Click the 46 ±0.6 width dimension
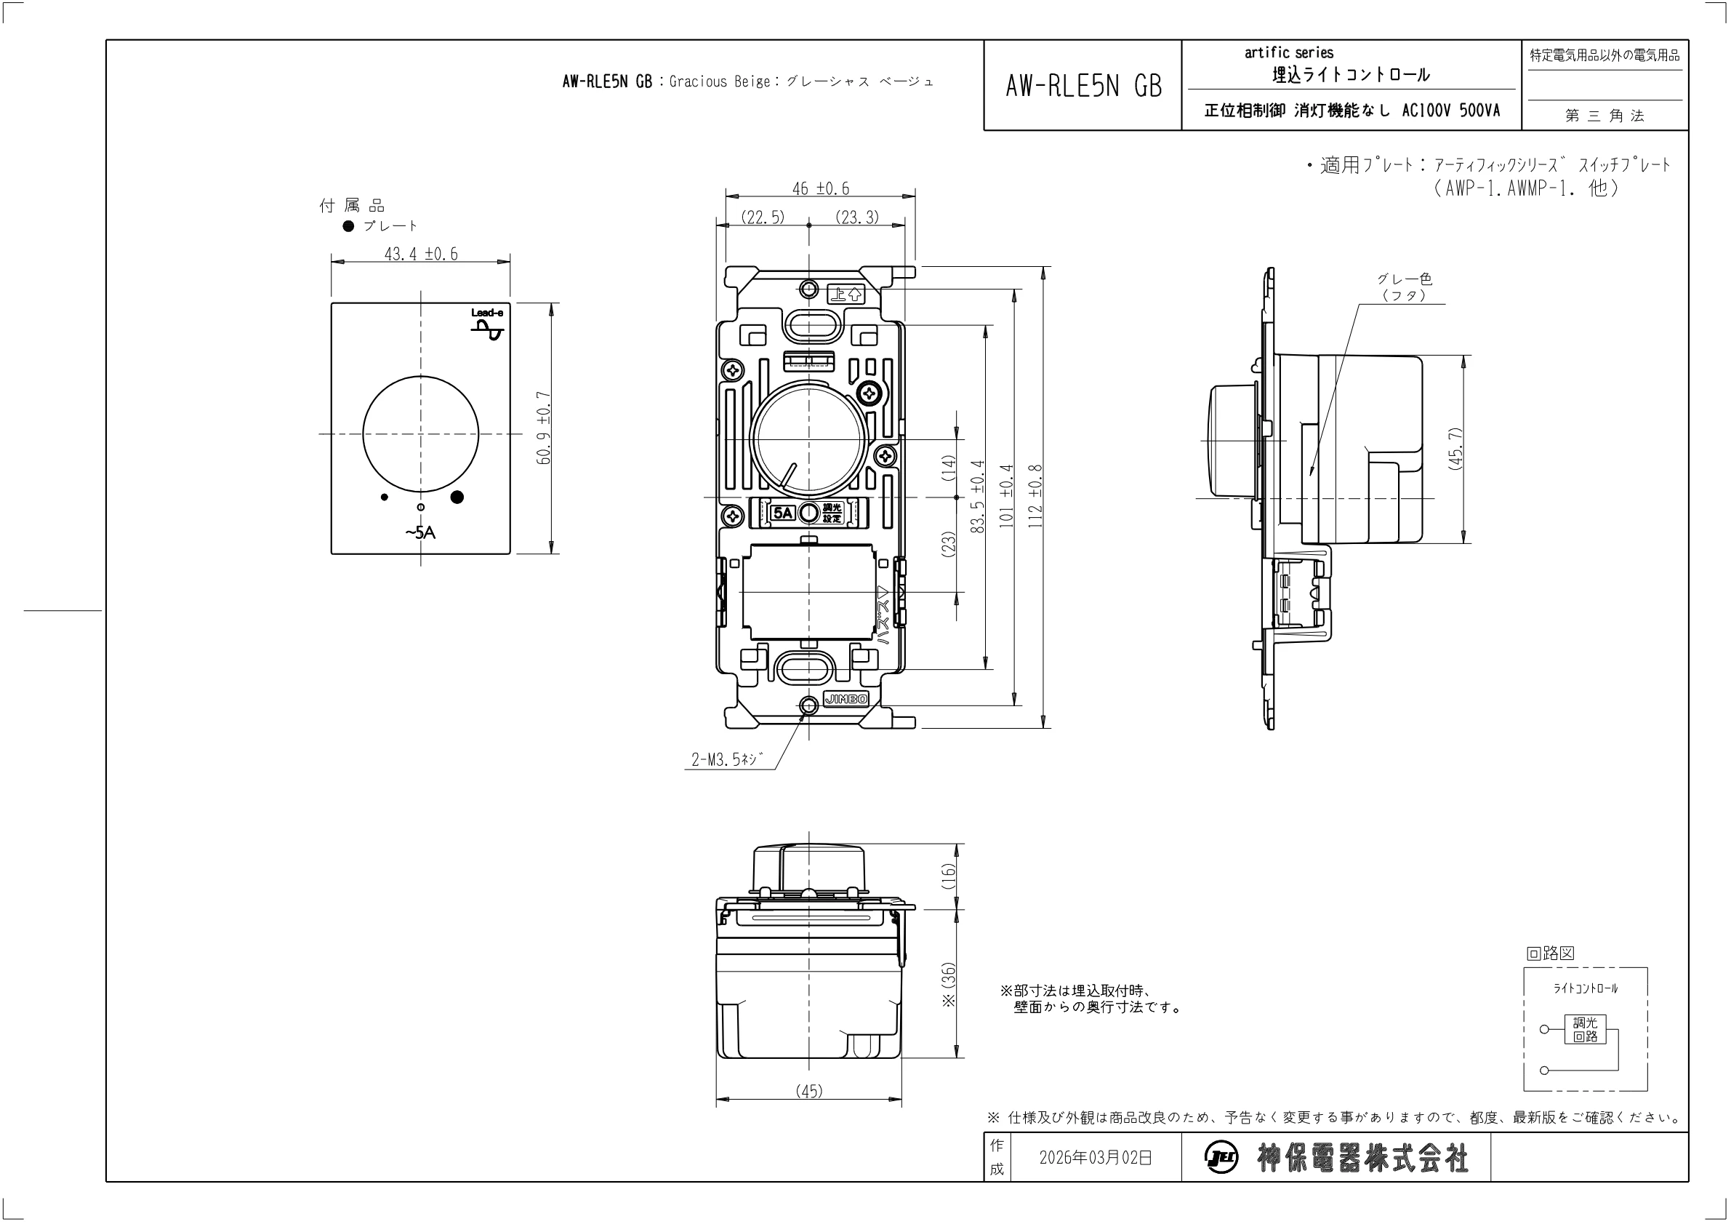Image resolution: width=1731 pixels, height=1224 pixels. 820,188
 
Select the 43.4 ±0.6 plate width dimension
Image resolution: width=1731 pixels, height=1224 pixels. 421,254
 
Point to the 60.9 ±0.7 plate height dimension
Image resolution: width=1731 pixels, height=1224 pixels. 545,428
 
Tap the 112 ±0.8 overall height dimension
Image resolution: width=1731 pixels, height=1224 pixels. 1035,495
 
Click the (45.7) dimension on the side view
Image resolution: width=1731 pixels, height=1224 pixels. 1455,449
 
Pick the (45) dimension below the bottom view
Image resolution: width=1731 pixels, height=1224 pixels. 809,1091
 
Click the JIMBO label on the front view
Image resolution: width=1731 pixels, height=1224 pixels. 846,699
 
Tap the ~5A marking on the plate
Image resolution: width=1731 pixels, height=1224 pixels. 420,532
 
